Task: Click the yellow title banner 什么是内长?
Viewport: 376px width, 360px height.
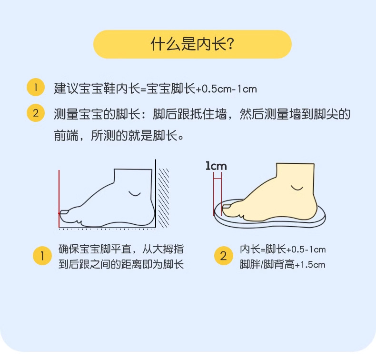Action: click(x=192, y=44)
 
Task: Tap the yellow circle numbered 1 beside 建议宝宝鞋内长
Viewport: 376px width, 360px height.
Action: click(x=35, y=88)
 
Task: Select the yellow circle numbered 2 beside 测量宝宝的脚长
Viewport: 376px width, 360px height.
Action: click(x=35, y=114)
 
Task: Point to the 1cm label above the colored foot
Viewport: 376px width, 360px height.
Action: click(x=216, y=166)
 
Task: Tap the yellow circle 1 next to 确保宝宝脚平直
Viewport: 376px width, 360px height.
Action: click(x=42, y=256)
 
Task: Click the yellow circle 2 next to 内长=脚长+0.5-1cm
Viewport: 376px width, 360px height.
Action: click(x=223, y=256)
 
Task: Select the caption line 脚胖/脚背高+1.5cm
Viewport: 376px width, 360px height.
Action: click(x=282, y=265)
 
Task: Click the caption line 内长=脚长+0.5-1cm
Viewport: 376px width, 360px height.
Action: click(x=282, y=250)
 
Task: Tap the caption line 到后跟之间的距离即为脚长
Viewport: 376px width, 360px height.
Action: click(x=121, y=265)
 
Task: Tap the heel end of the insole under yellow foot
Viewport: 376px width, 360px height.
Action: click(x=321, y=214)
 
